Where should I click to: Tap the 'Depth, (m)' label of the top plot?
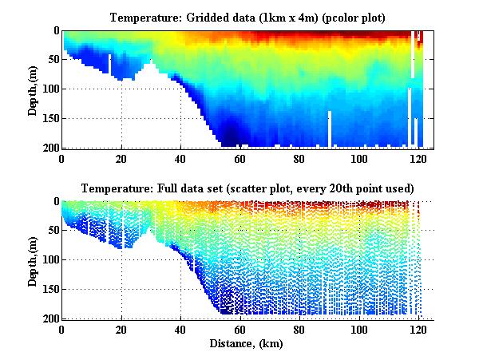[x=33, y=89]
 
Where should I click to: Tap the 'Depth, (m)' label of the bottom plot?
[x=33, y=260]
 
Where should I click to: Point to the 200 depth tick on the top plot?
[x=51, y=148]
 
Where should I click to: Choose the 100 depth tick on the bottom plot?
[x=51, y=260]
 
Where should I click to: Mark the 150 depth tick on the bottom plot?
[x=51, y=289]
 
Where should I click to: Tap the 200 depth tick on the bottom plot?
[x=51, y=318]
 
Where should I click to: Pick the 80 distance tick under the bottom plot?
[x=299, y=329]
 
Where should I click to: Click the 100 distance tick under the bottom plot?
[x=358, y=329]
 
